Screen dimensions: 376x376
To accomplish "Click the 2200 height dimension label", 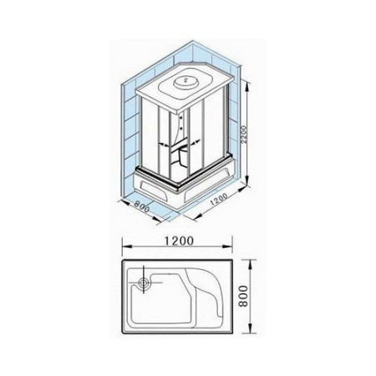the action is [244, 135].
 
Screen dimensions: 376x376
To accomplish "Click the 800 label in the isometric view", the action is [142, 206].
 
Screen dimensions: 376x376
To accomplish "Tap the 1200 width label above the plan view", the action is [179, 241].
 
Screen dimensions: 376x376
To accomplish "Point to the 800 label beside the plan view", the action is [243, 296].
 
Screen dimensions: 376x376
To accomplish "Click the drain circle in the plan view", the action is [144, 282].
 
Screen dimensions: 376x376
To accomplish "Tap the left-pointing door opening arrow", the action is [165, 145].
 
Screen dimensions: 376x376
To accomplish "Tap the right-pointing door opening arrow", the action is [195, 142].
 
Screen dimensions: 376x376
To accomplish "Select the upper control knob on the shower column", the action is [182, 118].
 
